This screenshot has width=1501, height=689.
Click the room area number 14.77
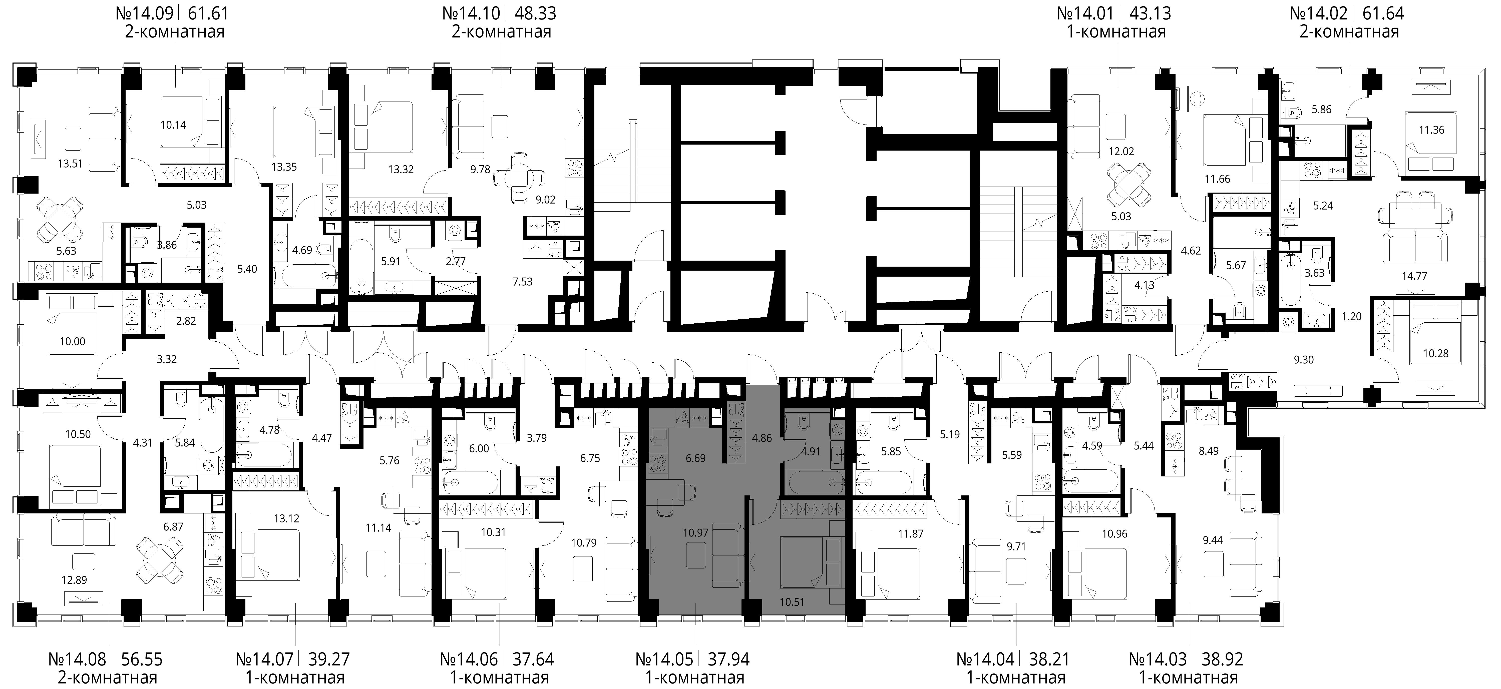(x=1414, y=276)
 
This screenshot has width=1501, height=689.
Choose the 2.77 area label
(x=456, y=262)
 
